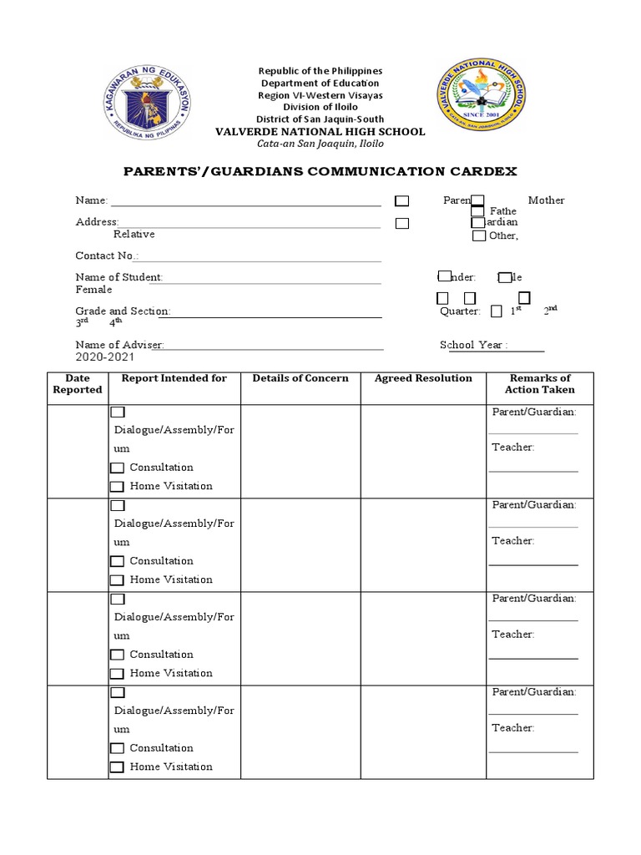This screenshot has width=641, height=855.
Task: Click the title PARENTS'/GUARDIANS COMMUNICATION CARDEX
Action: [x=320, y=171]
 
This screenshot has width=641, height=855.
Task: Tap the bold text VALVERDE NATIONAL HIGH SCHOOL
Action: [x=320, y=132]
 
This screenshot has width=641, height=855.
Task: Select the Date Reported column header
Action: [x=78, y=384]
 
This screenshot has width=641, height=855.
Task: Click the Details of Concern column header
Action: [x=300, y=378]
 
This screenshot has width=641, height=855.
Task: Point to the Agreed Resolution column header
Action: [x=423, y=378]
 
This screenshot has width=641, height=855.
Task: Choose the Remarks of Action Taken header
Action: [x=540, y=384]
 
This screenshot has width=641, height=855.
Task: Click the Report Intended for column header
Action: [x=174, y=378]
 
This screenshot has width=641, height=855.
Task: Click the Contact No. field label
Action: [x=107, y=255]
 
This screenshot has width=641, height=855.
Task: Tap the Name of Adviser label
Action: [x=119, y=345]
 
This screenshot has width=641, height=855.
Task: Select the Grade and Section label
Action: [x=123, y=311]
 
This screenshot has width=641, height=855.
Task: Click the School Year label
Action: [x=473, y=345]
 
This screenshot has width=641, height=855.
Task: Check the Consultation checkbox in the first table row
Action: [x=118, y=468]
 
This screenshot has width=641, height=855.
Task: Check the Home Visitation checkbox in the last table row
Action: [x=118, y=767]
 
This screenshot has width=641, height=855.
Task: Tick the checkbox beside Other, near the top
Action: [x=479, y=236]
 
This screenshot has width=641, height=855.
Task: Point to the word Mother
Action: [x=546, y=200]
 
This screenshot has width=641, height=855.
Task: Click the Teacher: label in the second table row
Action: [x=512, y=541]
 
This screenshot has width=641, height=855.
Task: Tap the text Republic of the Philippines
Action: [x=320, y=71]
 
